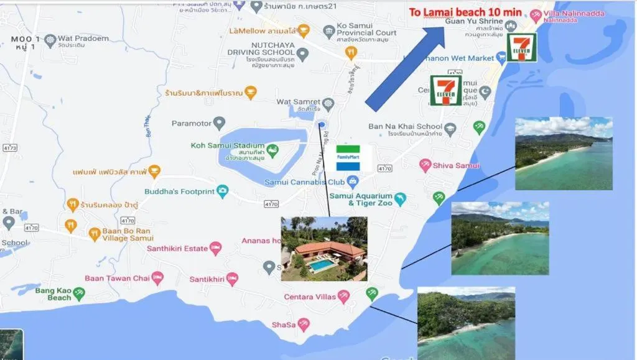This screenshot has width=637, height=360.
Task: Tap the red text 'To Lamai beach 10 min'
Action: pyautogui.click(x=465, y=12)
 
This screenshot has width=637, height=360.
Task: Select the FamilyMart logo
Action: pyautogui.click(x=353, y=158)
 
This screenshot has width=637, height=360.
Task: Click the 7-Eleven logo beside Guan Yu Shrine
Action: pyautogui.click(x=521, y=47)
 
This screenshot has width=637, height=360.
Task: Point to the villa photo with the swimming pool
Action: pyautogui.click(x=323, y=249)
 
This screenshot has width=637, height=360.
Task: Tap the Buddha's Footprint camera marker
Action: pyautogui.click(x=223, y=192)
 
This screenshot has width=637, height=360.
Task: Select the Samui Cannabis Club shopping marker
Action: pyautogui.click(x=353, y=182)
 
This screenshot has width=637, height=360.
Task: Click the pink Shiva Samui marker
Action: pyautogui.click(x=425, y=165)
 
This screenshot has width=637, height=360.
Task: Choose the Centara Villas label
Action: pyautogui.click(x=309, y=297)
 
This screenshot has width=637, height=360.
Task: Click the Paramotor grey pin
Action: pyautogui.click(x=219, y=123)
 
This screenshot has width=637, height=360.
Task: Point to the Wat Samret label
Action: pyautogui.click(x=299, y=101)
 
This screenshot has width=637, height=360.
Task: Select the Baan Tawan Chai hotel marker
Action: pyautogui.click(x=157, y=278)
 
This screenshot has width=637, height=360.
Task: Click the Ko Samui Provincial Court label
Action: pyautogui.click(x=367, y=29)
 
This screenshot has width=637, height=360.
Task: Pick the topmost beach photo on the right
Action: pyautogui.click(x=564, y=154)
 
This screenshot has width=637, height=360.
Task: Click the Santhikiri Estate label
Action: pyautogui.click(x=177, y=249)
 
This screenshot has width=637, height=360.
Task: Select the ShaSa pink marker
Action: pyautogui.click(x=304, y=325)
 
